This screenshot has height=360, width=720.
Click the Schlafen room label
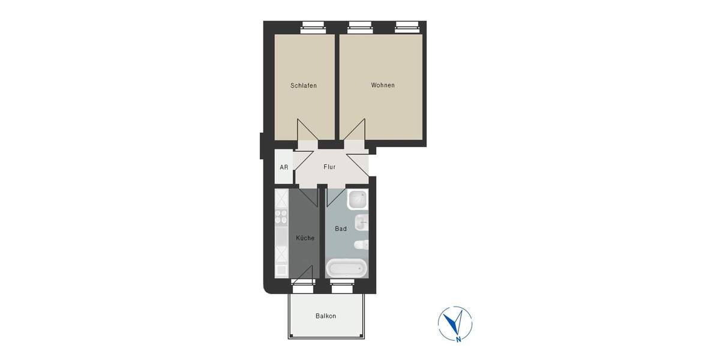pyautogui.click(x=303, y=86)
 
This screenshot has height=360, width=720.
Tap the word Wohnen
pyautogui.click(x=383, y=85)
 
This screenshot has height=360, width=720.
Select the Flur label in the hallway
pyautogui.click(x=329, y=167)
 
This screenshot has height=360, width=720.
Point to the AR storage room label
pyautogui.click(x=284, y=167)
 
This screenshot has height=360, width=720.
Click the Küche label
pyautogui.click(x=305, y=238)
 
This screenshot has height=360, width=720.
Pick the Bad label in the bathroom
pyautogui.click(x=341, y=229)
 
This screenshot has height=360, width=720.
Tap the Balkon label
pyautogui.click(x=326, y=316)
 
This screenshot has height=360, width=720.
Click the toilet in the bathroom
pyautogui.click(x=361, y=245)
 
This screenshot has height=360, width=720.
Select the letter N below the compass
pyautogui.click(x=458, y=340)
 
